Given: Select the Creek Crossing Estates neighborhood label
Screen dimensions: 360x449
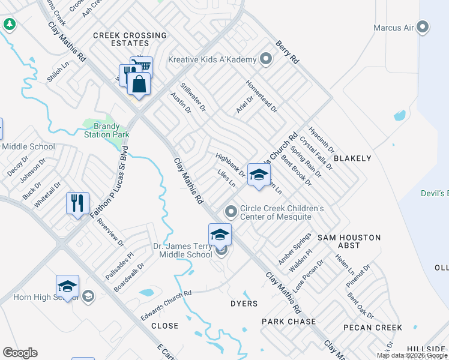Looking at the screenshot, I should pyautogui.click(x=130, y=39).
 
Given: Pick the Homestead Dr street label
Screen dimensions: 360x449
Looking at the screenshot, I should pyautogui.click(x=262, y=96).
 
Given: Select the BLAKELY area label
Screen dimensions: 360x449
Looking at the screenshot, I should pyautogui.click(x=352, y=158).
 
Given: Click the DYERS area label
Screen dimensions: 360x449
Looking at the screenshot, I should pyautogui.click(x=244, y=304).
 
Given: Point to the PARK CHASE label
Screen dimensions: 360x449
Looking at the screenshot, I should pyautogui.click(x=289, y=322).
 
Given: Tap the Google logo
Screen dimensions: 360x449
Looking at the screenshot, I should pyautogui.click(x=20, y=353).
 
